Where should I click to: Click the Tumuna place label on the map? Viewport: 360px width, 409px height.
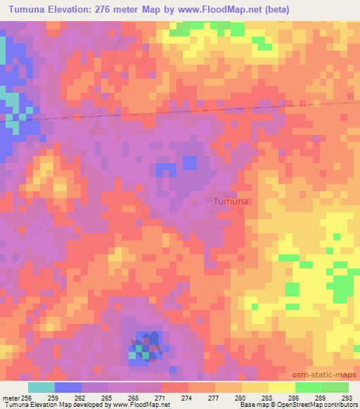(x=230, y=201)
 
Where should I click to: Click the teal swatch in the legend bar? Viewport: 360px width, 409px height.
(x=41, y=387)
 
